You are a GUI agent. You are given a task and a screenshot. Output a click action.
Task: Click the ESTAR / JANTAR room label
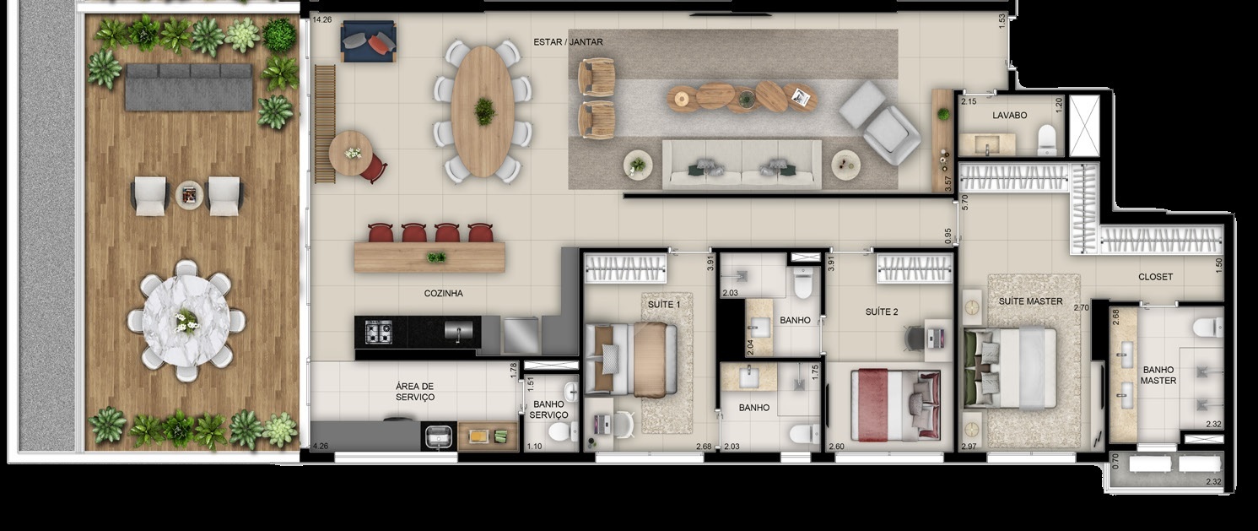point(568,41)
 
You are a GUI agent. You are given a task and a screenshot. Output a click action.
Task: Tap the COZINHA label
point(443,294)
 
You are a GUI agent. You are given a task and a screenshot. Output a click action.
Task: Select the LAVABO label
point(1009,115)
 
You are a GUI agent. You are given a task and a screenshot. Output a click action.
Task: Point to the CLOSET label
point(1155,277)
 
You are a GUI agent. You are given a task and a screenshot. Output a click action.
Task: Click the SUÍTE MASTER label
point(1030,301)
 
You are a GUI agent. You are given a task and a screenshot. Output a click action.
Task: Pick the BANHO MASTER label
point(1158,375)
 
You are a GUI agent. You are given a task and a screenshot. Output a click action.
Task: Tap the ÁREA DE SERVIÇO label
point(414,392)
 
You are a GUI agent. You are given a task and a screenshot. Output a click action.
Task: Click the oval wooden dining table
point(483,111)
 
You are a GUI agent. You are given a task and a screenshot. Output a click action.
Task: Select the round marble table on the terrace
point(186,320)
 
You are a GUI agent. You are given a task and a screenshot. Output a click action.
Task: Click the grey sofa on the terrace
point(188,86)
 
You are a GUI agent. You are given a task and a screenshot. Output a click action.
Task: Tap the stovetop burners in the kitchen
point(378,332)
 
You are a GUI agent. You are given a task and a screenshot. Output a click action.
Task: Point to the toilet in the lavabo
point(1047,139)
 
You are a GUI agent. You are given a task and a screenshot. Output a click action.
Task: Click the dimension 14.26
point(321,20)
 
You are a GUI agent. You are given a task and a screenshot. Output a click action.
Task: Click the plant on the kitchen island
point(436,257)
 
